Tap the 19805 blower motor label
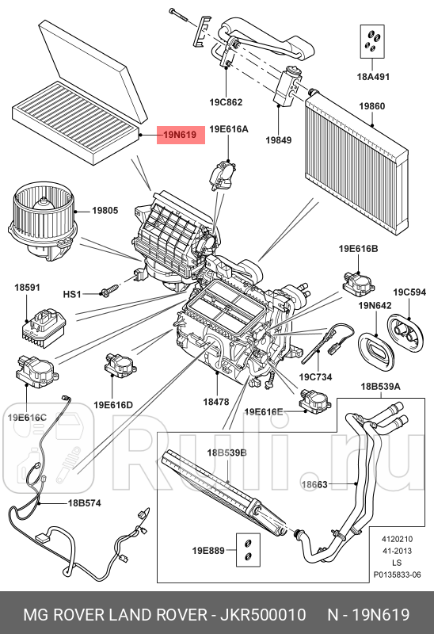click(105, 210)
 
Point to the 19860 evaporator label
click(372, 105)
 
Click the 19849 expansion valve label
click(278, 140)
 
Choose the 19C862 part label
click(226, 102)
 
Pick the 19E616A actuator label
click(229, 128)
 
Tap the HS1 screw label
click(72, 294)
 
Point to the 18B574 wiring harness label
click(84, 502)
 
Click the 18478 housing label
click(215, 402)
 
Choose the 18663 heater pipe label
click(314, 483)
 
